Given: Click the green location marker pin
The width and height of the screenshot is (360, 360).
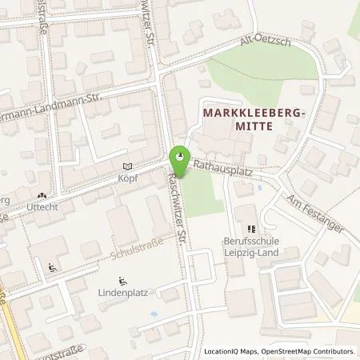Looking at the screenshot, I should pyautogui.click(x=180, y=156).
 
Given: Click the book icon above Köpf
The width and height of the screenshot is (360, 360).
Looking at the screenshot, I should pyautogui.click(x=125, y=166).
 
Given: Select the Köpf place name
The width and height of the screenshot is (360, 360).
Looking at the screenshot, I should pyautogui.click(x=127, y=178).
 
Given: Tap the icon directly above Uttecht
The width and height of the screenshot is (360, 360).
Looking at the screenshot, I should pyautogui.click(x=42, y=195).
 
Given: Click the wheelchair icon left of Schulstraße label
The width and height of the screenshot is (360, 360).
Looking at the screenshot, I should pyautogui.click(x=53, y=268).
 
